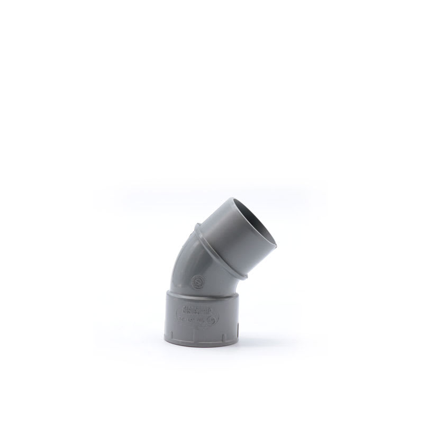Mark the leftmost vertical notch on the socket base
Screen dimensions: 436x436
[172, 334]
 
